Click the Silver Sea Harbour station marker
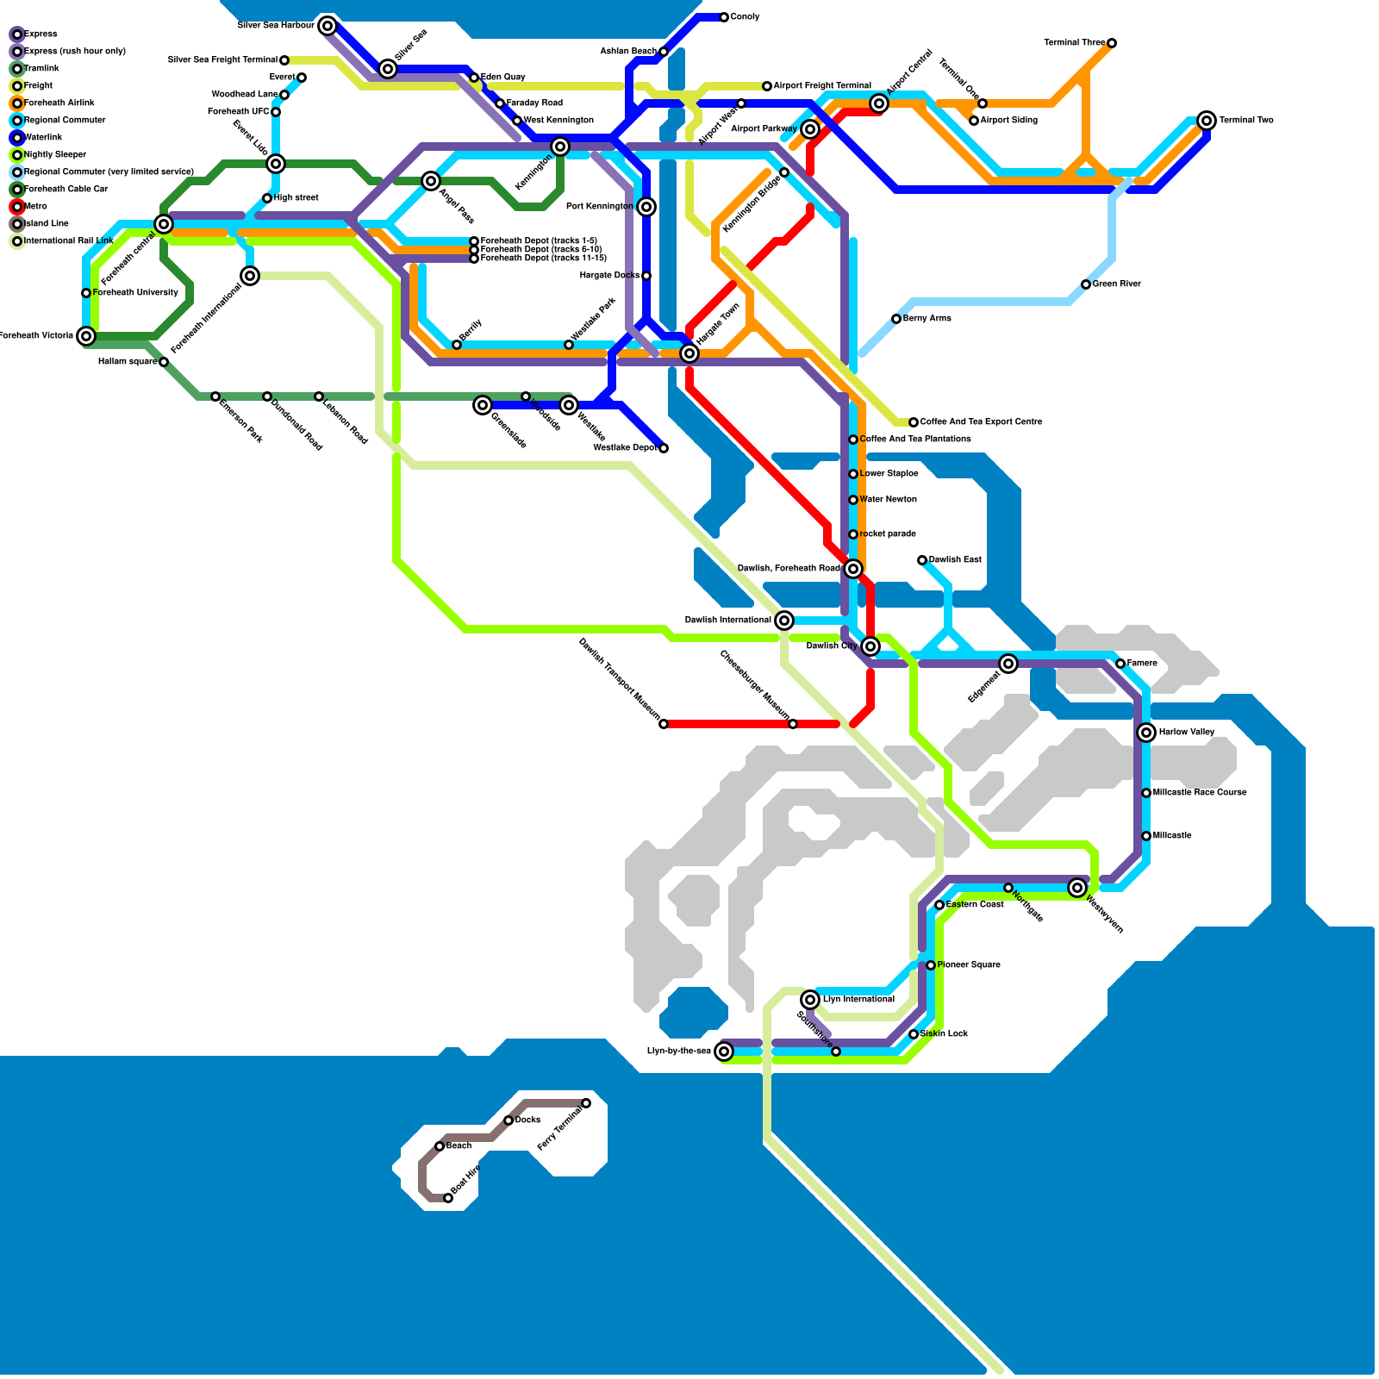(328, 26)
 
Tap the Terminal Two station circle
(1207, 121)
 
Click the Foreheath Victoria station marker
(86, 336)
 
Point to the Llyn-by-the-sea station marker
(724, 1051)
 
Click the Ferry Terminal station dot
(586, 1103)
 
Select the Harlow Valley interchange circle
(1146, 733)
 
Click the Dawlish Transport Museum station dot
(664, 724)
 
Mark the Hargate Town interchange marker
(689, 353)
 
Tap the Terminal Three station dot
(1112, 43)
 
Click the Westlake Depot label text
(625, 448)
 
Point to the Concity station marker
(724, 17)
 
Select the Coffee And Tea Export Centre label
(981, 422)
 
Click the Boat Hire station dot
(448, 1198)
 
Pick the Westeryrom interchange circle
(1077, 888)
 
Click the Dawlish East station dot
(922, 560)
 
